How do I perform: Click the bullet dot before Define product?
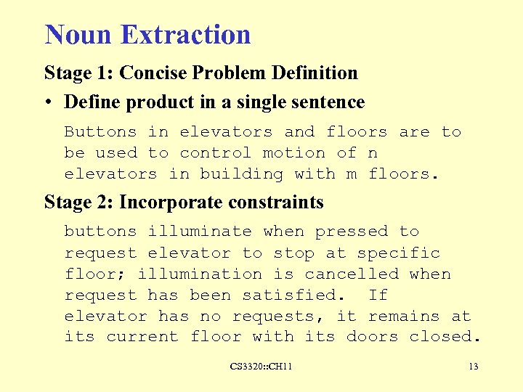pos(49,102)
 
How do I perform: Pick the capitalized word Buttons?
pos(100,132)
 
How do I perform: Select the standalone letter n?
pos(373,153)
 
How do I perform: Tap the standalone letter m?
pos(352,174)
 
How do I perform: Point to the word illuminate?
pos(199,232)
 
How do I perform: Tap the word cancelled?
pos(352,274)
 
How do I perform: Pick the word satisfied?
pos(288,295)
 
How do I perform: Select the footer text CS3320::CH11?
pos(261,367)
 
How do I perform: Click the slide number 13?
pos(473,367)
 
